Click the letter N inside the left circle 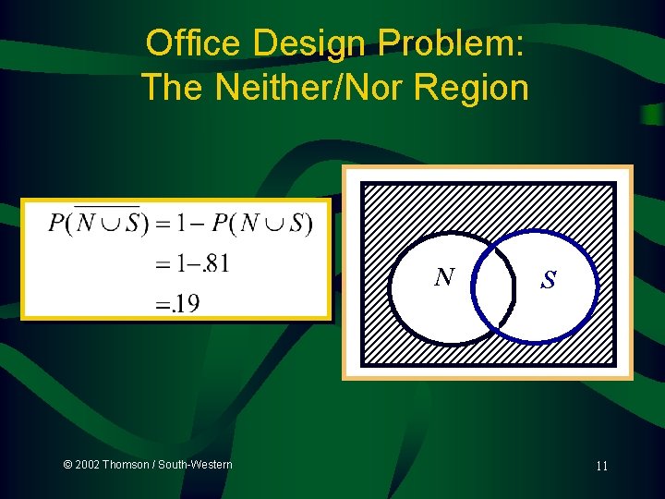[445, 276]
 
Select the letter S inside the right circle [549, 279]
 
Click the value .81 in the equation [213, 263]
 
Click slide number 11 [601, 466]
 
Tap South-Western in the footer [195, 464]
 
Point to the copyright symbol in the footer [67, 464]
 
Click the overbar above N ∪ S [106, 205]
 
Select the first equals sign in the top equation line [162, 224]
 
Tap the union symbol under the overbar [107, 225]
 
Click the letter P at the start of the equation [56, 224]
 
